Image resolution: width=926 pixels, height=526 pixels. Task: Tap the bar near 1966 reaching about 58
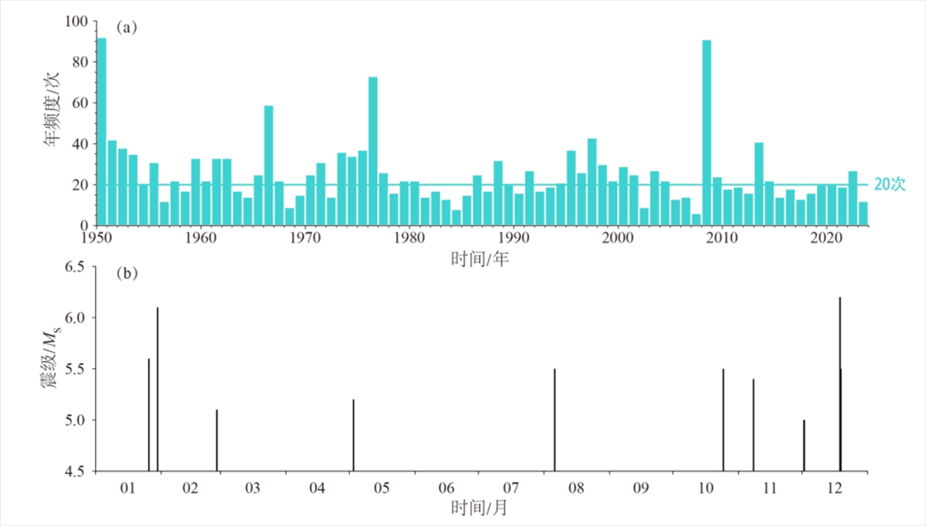(x=269, y=166)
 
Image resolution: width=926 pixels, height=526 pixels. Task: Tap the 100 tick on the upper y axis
(x=76, y=21)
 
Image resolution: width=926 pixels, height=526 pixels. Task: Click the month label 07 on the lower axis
(x=511, y=488)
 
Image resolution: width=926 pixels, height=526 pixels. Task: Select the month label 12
(x=836, y=488)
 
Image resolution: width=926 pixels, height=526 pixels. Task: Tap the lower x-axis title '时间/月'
(x=479, y=508)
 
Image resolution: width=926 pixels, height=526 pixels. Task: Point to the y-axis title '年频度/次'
(x=53, y=120)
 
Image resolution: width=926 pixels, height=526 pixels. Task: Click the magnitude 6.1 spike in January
(x=158, y=389)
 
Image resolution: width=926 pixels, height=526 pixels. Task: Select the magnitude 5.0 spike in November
(x=804, y=445)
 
